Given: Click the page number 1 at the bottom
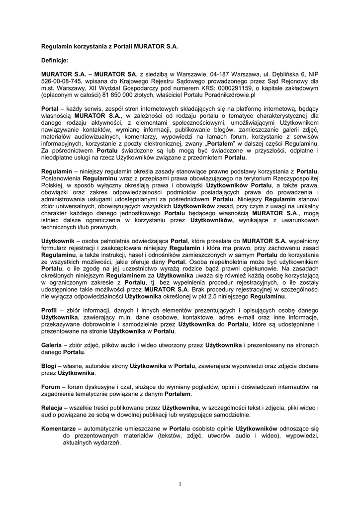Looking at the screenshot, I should pos(180,484).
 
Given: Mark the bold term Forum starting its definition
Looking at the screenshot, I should pos(51,387).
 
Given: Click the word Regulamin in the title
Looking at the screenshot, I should pos(58,46).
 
